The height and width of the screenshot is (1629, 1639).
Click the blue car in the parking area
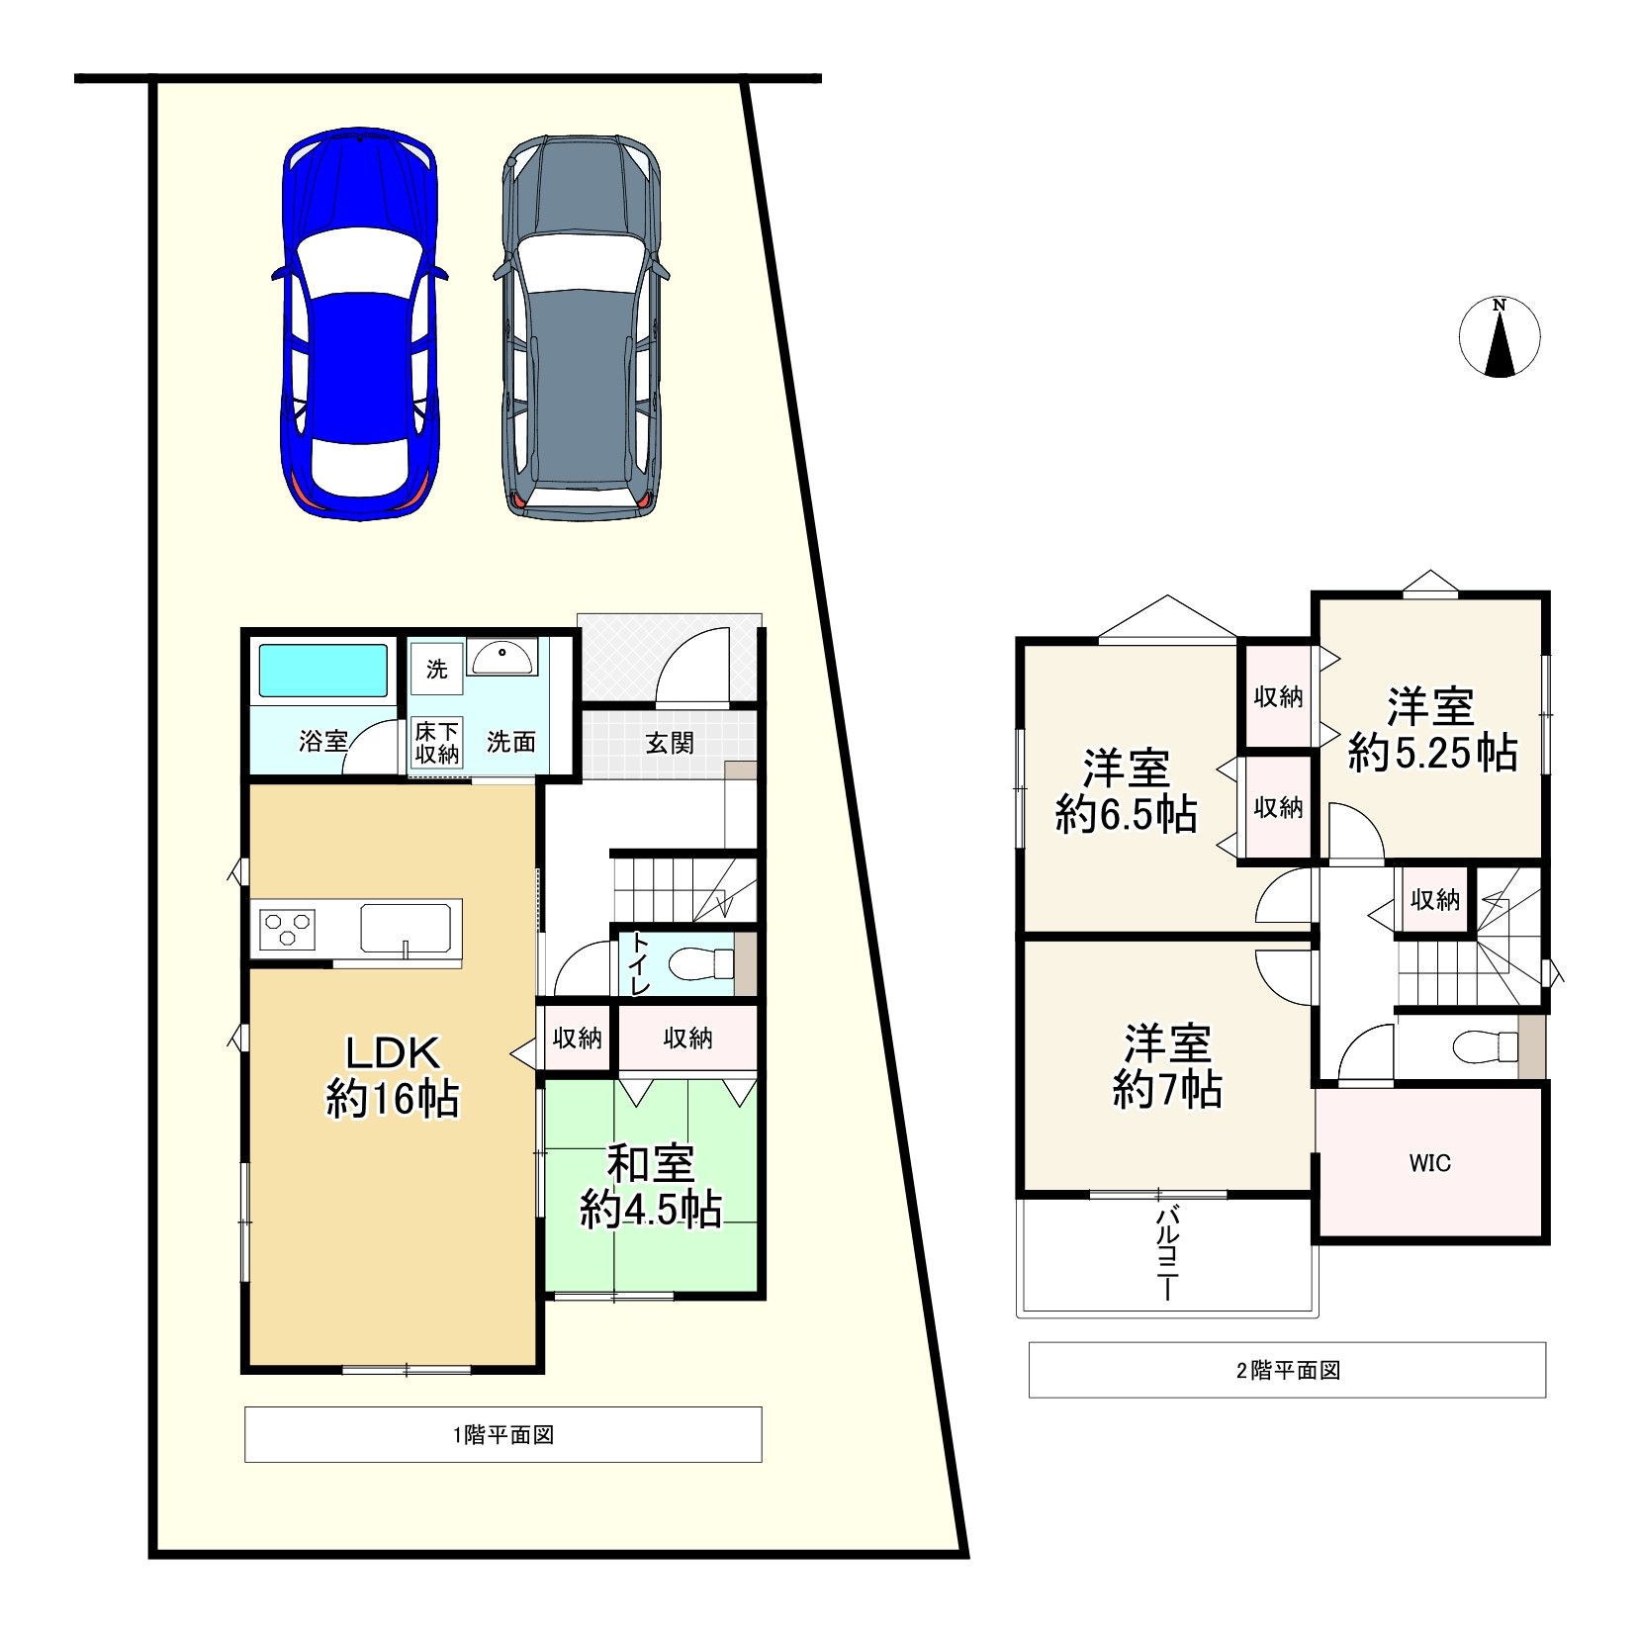tap(358, 323)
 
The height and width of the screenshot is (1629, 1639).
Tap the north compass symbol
tap(1500, 337)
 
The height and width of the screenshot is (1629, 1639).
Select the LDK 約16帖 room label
tap(393, 1076)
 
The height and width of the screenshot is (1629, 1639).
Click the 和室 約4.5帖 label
tap(650, 1187)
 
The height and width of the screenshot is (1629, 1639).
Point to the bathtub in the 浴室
tap(323, 672)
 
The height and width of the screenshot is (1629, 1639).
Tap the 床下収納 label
tap(436, 743)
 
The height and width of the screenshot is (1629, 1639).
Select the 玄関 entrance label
tap(670, 743)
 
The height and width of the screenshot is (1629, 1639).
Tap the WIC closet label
tap(1430, 1163)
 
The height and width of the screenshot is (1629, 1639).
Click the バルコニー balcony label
tap(1167, 1252)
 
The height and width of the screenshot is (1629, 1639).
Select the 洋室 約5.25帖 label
tap(1432, 730)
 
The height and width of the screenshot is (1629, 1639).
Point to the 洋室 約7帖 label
tap(1168, 1066)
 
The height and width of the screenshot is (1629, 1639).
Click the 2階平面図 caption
tap(1288, 1370)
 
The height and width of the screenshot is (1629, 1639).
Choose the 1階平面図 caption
tap(503, 1434)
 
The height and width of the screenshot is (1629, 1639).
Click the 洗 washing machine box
tap(436, 670)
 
